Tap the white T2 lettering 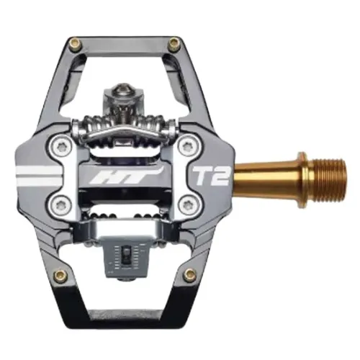(209, 176)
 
